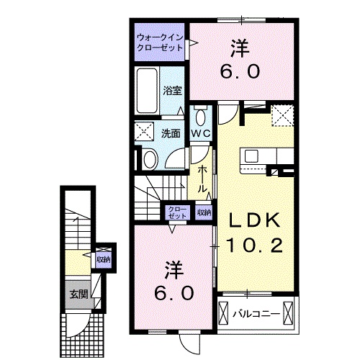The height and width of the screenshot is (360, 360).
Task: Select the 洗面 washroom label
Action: [x=170, y=133]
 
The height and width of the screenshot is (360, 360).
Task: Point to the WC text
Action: [x=199, y=133]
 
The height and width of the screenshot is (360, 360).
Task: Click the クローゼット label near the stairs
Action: [x=176, y=212]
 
